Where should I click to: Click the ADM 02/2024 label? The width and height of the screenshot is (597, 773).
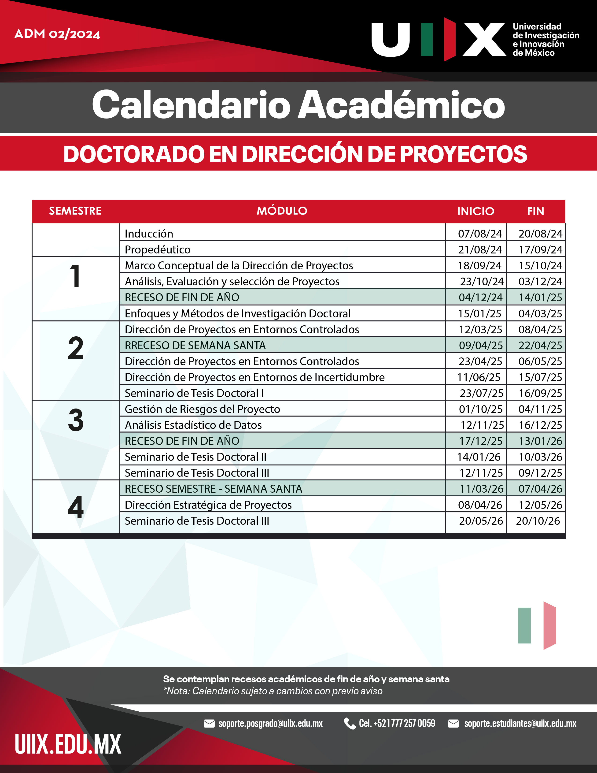(x=57, y=34)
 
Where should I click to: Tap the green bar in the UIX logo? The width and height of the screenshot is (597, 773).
(x=427, y=39)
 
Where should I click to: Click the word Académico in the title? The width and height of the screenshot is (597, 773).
(x=401, y=105)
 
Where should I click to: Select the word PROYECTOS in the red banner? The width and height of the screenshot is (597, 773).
(x=463, y=154)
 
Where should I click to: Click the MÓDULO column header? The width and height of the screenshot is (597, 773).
(x=282, y=211)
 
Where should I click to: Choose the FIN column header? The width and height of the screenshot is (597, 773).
(x=535, y=211)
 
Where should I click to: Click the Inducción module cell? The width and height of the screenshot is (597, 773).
(x=149, y=234)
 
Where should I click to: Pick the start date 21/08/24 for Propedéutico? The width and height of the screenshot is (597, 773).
(x=480, y=249)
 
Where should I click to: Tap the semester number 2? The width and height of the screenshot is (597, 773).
(x=76, y=348)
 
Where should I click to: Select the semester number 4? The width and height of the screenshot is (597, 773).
(x=76, y=507)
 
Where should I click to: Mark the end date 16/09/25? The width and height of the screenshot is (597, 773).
(x=540, y=393)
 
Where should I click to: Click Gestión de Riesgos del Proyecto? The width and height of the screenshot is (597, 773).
(x=202, y=409)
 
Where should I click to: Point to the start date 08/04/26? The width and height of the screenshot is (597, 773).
(x=480, y=505)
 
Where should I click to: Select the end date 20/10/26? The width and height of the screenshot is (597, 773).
(x=538, y=521)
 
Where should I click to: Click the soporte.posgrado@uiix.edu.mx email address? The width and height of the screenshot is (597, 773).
(x=270, y=723)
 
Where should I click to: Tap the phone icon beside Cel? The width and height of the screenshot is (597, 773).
(x=350, y=723)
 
